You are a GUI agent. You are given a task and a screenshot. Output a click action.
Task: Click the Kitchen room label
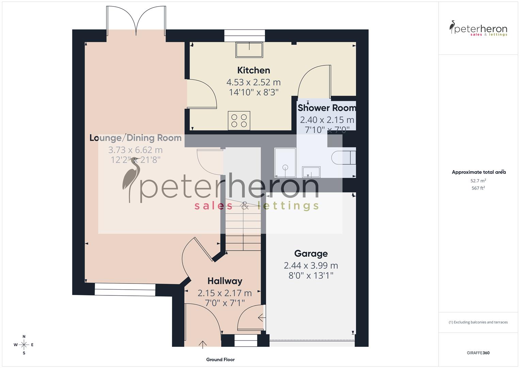pos(253,70)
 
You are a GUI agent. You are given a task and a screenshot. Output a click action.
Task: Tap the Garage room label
pos(311,254)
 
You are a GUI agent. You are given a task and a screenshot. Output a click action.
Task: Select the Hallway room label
pos(225,281)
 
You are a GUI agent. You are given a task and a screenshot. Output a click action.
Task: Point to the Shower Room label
pos(327,108)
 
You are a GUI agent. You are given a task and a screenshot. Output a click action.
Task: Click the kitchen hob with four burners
pos(239,121)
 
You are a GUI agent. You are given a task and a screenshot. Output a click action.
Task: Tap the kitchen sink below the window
pos(250,50)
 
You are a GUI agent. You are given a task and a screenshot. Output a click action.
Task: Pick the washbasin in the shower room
pos(311,172)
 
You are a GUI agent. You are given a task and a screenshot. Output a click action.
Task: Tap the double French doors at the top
pos(136,20)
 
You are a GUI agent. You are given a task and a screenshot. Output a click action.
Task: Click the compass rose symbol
pos(24,344)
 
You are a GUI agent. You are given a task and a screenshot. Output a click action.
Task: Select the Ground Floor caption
pos(220,359)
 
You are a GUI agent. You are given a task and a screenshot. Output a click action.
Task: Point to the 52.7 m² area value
pos(478,181)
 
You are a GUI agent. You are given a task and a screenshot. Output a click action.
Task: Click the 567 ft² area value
pos(478,188)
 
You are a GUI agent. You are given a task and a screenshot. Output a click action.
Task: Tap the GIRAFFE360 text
pos(478,353)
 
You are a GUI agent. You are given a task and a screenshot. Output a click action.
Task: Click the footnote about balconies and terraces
pos(478,322)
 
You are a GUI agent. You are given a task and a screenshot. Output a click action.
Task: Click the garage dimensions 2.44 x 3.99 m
pos(311,265)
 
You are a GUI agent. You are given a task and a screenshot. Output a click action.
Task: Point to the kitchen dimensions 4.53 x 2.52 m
pos(253,82)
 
